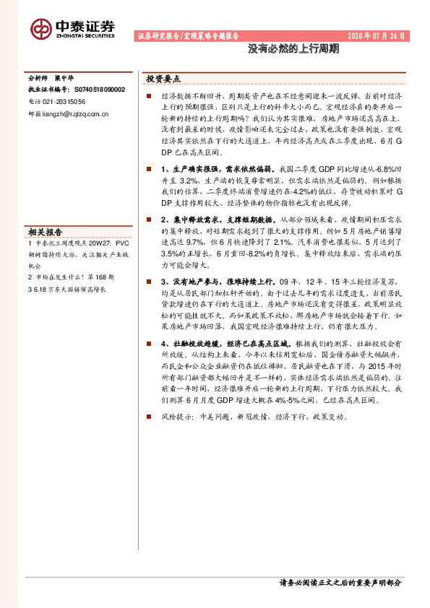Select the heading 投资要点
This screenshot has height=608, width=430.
tap(163, 78)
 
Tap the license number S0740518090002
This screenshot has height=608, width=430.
tap(97, 90)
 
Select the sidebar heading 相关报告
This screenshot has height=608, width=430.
tap(46, 232)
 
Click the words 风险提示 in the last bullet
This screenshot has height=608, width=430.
tap(177, 417)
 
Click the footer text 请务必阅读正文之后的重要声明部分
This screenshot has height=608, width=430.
tap(340, 582)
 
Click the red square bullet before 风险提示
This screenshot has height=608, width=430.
tap(148, 417)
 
